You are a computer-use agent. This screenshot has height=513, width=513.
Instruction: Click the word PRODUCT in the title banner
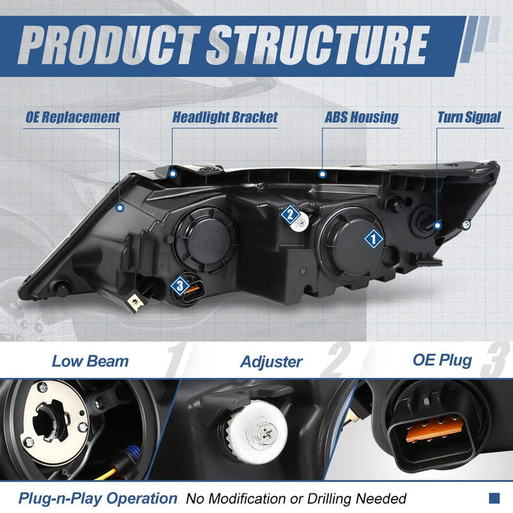tap(109, 45)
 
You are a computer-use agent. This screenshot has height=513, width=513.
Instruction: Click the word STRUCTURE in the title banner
tap(318, 45)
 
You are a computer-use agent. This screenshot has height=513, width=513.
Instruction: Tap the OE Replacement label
tap(72, 118)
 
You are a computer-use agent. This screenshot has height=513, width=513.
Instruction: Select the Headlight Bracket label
tap(225, 118)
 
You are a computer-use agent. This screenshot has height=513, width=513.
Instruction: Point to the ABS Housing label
tap(361, 118)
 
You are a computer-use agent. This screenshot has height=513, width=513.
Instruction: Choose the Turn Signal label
tap(469, 118)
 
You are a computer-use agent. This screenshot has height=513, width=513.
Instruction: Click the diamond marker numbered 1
tap(373, 239)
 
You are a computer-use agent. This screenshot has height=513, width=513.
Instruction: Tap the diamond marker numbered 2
tap(290, 214)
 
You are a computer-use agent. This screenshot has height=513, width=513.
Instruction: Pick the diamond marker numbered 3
tap(180, 286)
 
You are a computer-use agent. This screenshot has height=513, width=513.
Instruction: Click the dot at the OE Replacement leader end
tap(120, 207)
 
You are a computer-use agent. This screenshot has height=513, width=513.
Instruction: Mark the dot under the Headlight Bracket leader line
tap(173, 174)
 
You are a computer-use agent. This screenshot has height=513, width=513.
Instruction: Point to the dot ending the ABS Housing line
tap(322, 174)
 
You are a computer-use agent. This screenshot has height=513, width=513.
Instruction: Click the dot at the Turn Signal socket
tap(438, 225)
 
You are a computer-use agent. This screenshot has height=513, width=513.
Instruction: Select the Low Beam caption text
tap(91, 361)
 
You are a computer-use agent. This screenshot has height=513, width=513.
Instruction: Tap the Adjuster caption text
tap(272, 362)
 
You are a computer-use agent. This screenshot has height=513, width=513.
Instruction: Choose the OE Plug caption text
tap(442, 361)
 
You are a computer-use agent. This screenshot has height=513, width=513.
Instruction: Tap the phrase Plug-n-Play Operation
tap(98, 499)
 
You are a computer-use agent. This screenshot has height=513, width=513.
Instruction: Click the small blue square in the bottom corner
tap(494, 498)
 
